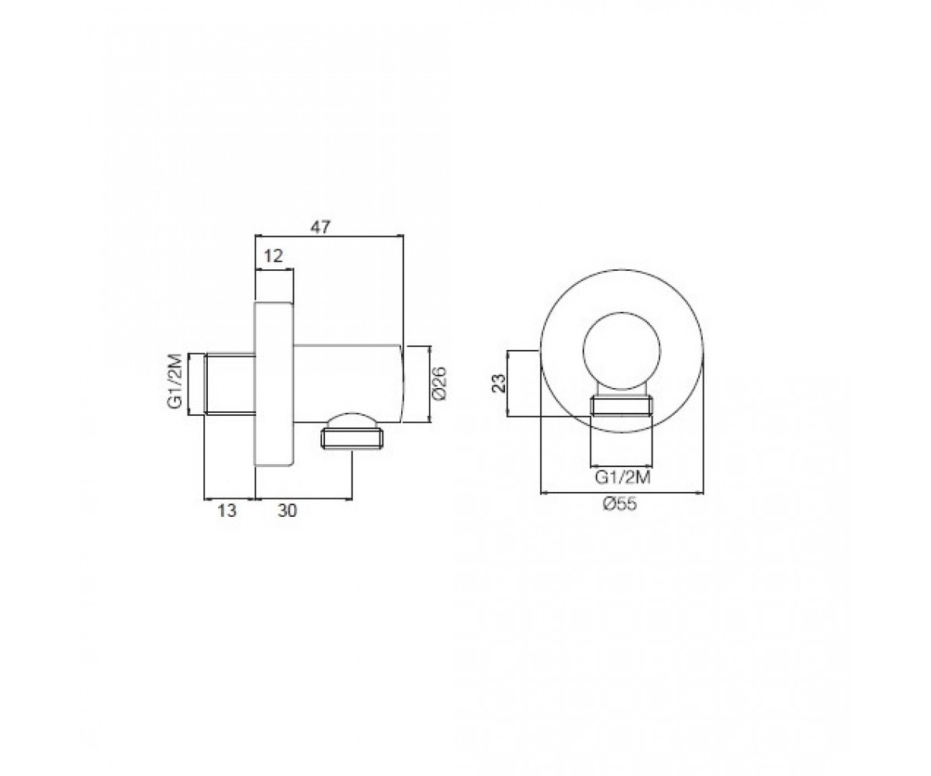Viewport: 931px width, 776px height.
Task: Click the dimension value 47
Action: click(x=320, y=227)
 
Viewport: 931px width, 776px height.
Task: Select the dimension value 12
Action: click(x=273, y=256)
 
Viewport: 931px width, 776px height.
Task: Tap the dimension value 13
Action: click(x=227, y=510)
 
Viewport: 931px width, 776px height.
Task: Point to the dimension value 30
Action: click(x=287, y=510)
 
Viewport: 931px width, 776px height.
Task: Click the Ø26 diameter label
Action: click(x=439, y=383)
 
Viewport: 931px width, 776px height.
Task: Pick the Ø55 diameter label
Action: click(x=620, y=504)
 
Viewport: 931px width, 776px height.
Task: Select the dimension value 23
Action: click(x=500, y=383)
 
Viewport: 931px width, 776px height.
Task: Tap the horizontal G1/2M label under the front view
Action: click(x=622, y=478)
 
